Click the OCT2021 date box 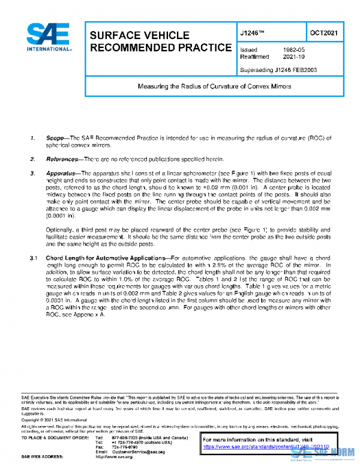(x=328, y=33)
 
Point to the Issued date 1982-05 (x=292, y=50)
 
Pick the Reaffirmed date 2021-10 (x=292, y=58)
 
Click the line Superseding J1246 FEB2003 (x=278, y=70)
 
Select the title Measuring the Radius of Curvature (x=214, y=86)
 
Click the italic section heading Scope (x=58, y=139)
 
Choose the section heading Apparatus (x=63, y=174)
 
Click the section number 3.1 (x=34, y=258)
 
